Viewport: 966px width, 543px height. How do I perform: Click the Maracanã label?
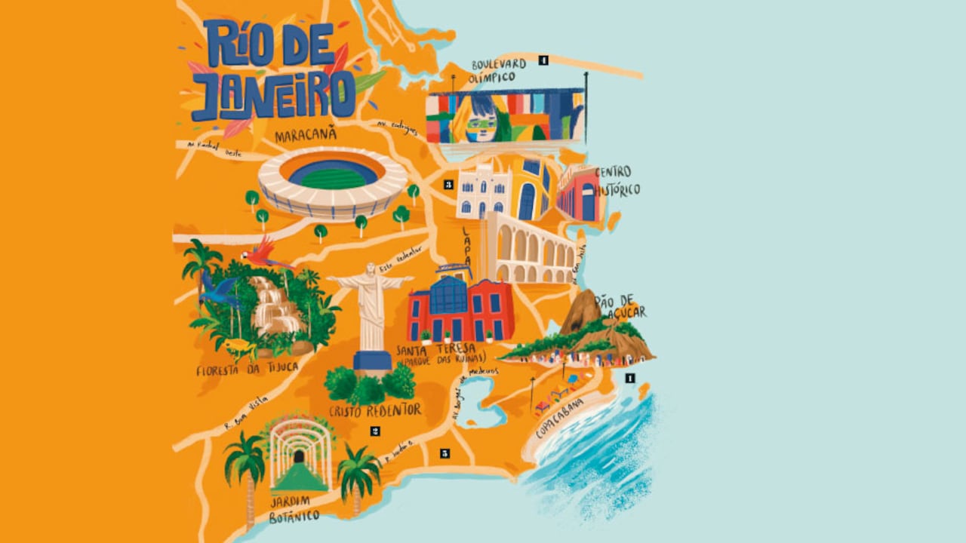pyautogui.click(x=306, y=137)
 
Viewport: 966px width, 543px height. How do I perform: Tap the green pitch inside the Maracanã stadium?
pyautogui.click(x=333, y=179)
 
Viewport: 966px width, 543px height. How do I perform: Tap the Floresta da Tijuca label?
pyautogui.click(x=247, y=370)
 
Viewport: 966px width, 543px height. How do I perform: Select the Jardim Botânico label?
pyautogui.click(x=294, y=509)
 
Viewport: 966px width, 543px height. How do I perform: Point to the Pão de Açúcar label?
pyautogui.click(x=620, y=306)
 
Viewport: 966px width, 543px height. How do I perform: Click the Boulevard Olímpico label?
pyautogui.click(x=498, y=70)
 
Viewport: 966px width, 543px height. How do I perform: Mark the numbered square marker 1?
pyautogui.click(x=629, y=379)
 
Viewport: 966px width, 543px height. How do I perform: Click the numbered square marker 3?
pyautogui.click(x=448, y=183)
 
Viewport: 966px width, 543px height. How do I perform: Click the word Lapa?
pyautogui.click(x=469, y=242)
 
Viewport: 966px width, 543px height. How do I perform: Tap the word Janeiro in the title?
pyautogui.click(x=272, y=96)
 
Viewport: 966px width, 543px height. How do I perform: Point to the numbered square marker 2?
pyautogui.click(x=375, y=431)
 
